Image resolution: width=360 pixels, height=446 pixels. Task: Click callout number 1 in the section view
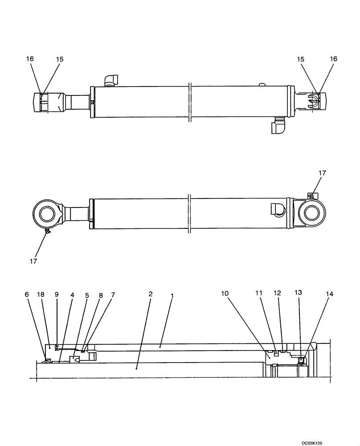[172, 296]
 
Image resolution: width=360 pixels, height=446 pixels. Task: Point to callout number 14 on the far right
[329, 294]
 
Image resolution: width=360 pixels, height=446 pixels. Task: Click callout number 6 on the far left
[27, 295]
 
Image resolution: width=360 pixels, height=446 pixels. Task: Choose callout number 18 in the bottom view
[41, 295]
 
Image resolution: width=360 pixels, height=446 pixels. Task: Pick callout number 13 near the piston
[298, 293]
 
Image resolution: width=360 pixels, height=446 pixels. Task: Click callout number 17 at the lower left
[34, 260]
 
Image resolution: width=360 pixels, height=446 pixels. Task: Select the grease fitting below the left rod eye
[48, 231]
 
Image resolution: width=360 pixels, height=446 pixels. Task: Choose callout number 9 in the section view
[57, 295]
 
